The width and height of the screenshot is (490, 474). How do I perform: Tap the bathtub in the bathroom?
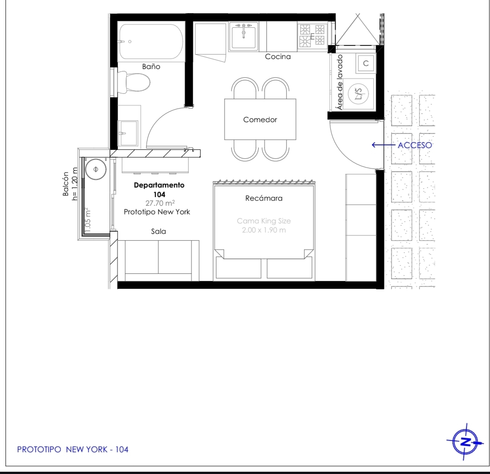(x=150, y=42)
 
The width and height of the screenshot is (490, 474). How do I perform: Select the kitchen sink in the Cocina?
(x=244, y=36)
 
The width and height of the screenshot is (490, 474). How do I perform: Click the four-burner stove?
(x=312, y=36)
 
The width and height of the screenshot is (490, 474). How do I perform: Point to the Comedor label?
(x=260, y=120)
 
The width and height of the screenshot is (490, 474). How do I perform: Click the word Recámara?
(x=264, y=198)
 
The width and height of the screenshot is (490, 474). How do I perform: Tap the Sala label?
(x=158, y=232)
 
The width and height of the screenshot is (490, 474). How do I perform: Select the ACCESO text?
(x=415, y=145)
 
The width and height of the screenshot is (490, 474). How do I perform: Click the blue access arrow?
(x=383, y=145)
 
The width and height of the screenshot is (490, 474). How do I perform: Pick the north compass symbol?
(x=465, y=442)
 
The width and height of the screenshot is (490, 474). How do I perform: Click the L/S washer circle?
(x=358, y=93)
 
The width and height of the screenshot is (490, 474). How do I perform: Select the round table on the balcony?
(x=96, y=169)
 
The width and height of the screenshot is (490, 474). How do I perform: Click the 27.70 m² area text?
(x=160, y=203)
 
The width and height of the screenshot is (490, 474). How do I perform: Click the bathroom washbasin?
(x=128, y=133)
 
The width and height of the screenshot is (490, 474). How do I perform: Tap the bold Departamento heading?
(x=159, y=185)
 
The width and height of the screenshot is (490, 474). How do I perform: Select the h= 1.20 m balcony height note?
(x=74, y=184)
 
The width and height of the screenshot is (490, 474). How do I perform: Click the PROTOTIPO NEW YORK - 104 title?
(x=73, y=449)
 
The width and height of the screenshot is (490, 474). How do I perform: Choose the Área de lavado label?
(x=340, y=82)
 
